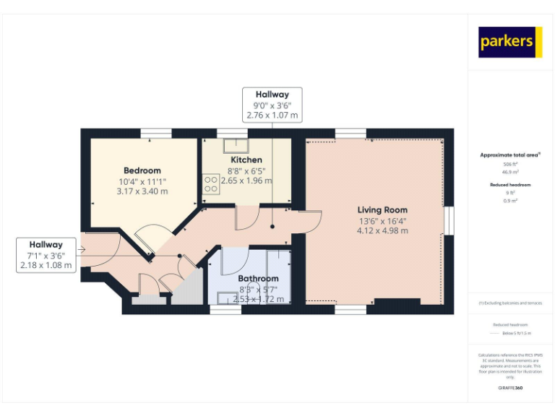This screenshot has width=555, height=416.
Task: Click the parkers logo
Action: click(x=510, y=42)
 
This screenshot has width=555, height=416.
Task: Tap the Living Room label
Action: click(x=382, y=210)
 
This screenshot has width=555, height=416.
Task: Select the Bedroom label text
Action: click(x=142, y=170)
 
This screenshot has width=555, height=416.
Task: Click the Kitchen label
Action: click(x=246, y=160)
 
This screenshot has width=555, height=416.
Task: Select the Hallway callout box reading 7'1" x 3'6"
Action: click(x=46, y=255)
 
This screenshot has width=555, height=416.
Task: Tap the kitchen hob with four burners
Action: click(x=211, y=183)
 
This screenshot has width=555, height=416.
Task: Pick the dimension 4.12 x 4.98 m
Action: click(x=382, y=231)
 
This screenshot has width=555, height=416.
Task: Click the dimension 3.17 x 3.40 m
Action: click(x=142, y=191)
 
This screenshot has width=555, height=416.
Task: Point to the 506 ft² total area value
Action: click(x=511, y=164)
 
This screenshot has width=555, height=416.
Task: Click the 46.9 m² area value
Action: click(x=511, y=172)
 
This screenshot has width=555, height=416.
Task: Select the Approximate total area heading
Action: click(x=510, y=155)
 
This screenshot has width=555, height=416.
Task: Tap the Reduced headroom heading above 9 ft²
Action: click(x=511, y=185)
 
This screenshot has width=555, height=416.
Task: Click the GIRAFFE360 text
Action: click(x=511, y=388)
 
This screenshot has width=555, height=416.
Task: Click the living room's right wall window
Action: click(x=449, y=220)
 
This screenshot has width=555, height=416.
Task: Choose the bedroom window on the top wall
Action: click(x=155, y=132)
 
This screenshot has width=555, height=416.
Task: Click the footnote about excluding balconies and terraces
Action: click(x=511, y=303)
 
